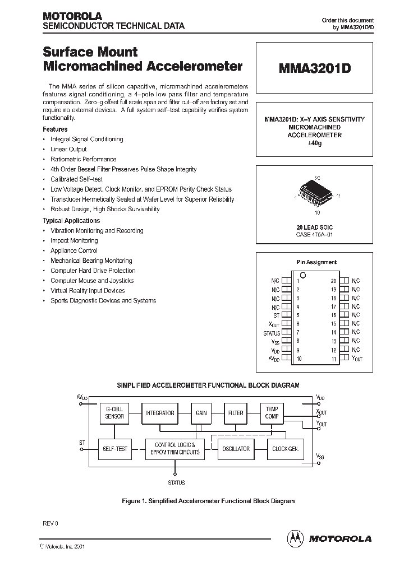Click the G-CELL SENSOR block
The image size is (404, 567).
tap(114, 413)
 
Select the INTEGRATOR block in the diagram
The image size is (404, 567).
tap(160, 413)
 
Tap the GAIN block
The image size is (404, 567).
tap(201, 413)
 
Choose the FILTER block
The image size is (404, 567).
tap(236, 413)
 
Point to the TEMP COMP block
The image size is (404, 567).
tap(272, 413)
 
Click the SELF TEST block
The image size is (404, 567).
tap(114, 449)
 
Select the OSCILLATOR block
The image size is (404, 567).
tap(236, 449)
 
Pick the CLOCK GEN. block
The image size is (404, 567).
tap(284, 449)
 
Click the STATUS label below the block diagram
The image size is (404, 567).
tap(176, 482)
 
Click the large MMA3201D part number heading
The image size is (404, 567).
tap(314, 68)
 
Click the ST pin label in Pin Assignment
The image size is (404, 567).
tap(276, 315)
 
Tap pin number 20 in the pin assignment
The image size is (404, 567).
tap(333, 280)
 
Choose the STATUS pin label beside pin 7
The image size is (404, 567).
tap(272, 333)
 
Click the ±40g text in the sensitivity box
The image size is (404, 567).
tap(314, 143)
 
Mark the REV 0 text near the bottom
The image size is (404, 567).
tap(50, 523)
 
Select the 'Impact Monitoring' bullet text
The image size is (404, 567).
tap(74, 240)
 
